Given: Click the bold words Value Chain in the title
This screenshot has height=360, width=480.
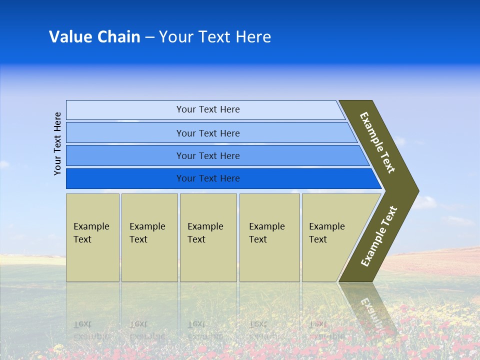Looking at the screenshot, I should click(94, 37).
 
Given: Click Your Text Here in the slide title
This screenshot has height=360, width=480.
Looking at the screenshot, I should click(215, 37).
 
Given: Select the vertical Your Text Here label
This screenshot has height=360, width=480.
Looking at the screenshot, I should click(58, 143).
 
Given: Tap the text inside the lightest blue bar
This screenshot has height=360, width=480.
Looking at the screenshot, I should click(208, 109).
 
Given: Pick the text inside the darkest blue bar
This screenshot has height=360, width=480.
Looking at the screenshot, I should click(208, 178).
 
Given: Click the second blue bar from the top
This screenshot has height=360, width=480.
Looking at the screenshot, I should click(208, 133).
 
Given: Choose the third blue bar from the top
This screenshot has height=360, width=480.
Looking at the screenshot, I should click(208, 155).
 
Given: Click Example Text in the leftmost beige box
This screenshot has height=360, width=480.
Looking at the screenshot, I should click(91, 233).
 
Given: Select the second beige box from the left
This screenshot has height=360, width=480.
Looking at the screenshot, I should click(149, 237).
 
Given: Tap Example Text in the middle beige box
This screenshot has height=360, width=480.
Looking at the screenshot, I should click(205, 233).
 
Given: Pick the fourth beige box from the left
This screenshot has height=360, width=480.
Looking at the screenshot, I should click(269, 237).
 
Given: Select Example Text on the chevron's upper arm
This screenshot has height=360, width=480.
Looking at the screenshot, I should click(377, 142).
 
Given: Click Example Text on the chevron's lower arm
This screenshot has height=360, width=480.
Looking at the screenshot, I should click(379, 236).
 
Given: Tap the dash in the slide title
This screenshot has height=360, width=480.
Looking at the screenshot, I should click(149, 37).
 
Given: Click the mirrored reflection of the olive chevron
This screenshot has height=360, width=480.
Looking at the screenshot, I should click(370, 307).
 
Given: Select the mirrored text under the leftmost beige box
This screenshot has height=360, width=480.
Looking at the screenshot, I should click(91, 330).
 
